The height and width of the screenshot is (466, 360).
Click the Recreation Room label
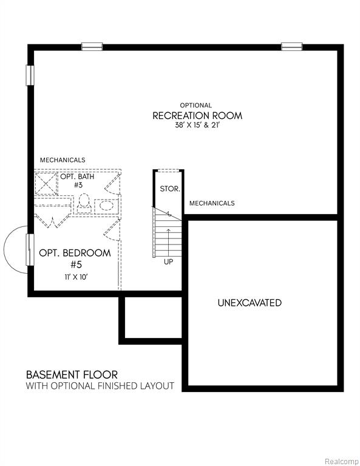pos(197,115)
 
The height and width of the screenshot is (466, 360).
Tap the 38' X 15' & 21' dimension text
pos(197,125)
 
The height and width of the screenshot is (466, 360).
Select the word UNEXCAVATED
pos(250,303)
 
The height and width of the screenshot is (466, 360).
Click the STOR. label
pos(170,189)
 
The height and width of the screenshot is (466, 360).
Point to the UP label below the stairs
pos(168,262)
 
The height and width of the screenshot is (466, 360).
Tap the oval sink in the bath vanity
pos(106,205)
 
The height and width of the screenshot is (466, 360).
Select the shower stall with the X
pos(46,183)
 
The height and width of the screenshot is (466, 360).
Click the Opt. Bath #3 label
pos(78,181)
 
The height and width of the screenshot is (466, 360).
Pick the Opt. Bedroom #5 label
pos(75,258)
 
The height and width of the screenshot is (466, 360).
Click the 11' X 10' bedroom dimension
pos(76,277)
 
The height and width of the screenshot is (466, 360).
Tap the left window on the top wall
pos(92,47)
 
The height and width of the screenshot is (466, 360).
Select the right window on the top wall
pos(292,47)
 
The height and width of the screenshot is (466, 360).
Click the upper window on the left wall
pos(30,75)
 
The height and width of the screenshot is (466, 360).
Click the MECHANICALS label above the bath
pos(63,160)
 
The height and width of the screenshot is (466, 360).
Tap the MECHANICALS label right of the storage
pos(212,203)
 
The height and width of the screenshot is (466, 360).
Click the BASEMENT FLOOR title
pos(72,374)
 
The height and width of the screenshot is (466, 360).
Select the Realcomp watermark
pos(342,461)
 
